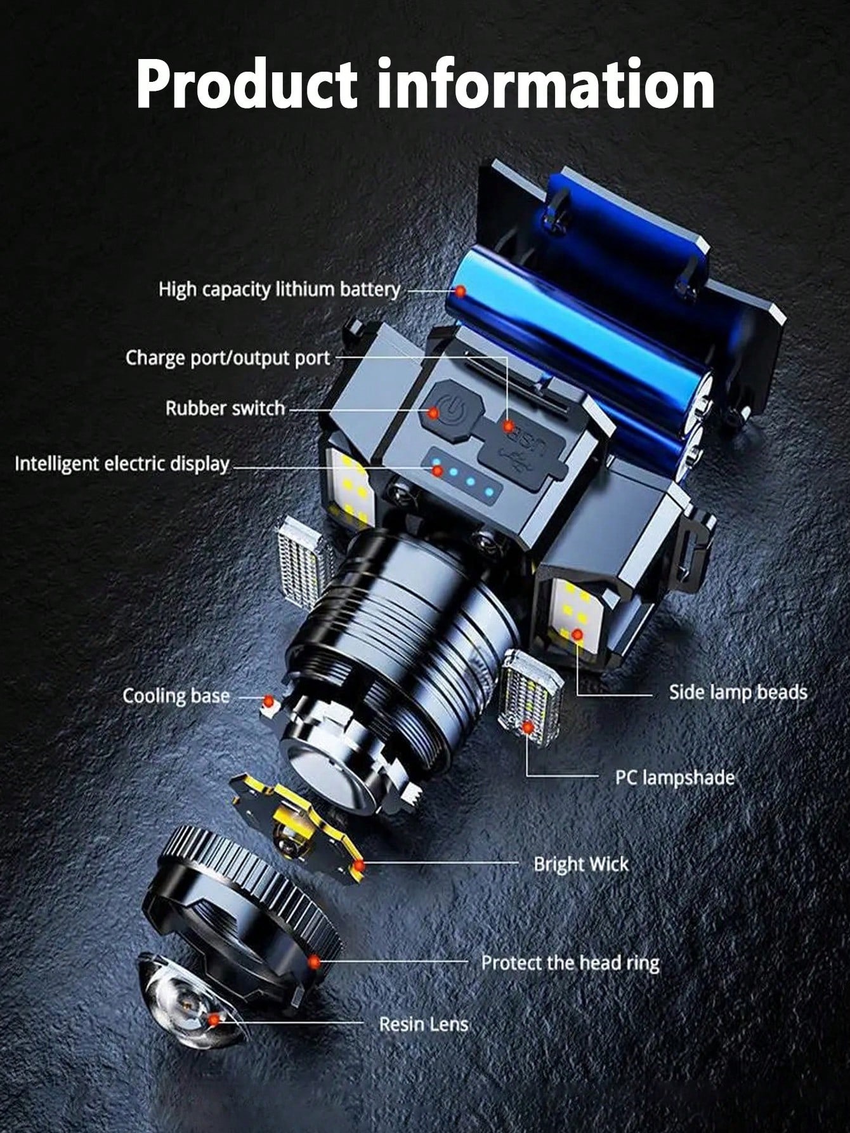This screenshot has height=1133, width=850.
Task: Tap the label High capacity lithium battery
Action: pyautogui.click(x=279, y=290)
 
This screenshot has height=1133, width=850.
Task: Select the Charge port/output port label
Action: pyautogui.click(x=228, y=358)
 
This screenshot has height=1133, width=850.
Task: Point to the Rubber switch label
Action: pyautogui.click(x=225, y=408)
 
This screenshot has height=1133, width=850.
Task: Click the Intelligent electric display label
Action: pyautogui.click(x=122, y=464)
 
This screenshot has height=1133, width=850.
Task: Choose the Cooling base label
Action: pyautogui.click(x=176, y=696)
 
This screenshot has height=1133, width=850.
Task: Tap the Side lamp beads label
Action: pyautogui.click(x=738, y=692)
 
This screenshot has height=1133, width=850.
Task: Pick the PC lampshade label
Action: pyautogui.click(x=675, y=778)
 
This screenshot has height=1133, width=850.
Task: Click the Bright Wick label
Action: pyautogui.click(x=581, y=864)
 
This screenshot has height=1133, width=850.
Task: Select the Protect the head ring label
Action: pyautogui.click(x=570, y=963)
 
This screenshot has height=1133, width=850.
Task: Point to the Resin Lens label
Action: pyautogui.click(x=423, y=1042)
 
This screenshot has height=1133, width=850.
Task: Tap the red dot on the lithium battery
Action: pyautogui.click(x=460, y=292)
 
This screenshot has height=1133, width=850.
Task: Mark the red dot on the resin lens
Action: pyautogui.click(x=214, y=1037)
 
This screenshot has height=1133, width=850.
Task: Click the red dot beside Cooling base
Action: pyautogui.click(x=269, y=702)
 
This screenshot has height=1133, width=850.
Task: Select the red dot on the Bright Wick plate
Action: pyautogui.click(x=358, y=865)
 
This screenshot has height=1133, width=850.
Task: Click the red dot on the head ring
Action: pyautogui.click(x=314, y=962)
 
